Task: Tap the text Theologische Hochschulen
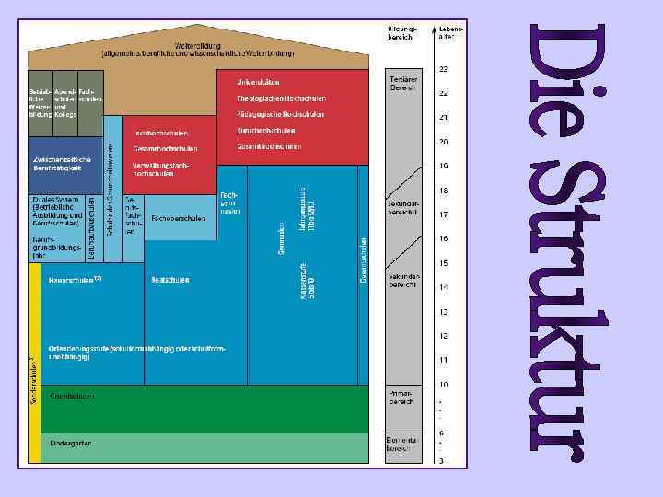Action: pyautogui.click(x=274, y=98)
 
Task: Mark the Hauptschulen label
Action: pyautogui.click(x=73, y=279)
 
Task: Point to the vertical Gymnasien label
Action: pyautogui.click(x=280, y=240)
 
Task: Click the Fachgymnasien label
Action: pyautogui.click(x=230, y=203)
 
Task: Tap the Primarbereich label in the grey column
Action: pyautogui.click(x=403, y=396)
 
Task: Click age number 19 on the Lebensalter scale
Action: pyautogui.click(x=443, y=167)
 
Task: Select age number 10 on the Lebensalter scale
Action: pyautogui.click(x=443, y=384)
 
